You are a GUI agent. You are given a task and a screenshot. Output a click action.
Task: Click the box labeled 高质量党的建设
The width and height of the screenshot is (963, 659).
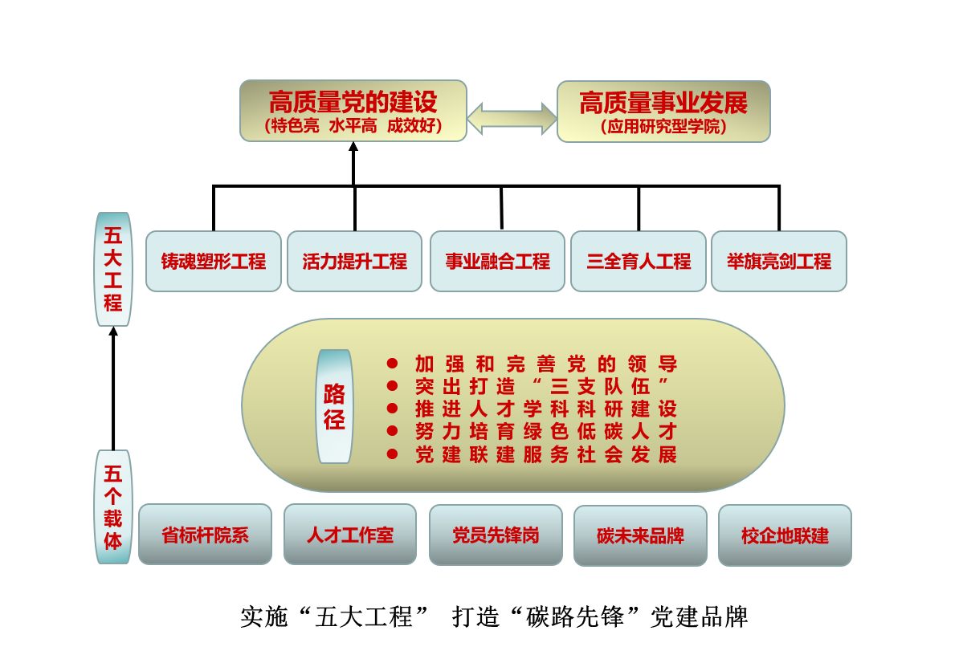[x=353, y=111]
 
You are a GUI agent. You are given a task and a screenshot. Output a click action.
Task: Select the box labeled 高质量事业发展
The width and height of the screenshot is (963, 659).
[x=663, y=112]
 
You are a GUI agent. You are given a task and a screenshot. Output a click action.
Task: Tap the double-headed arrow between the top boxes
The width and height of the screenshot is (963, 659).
[x=512, y=118]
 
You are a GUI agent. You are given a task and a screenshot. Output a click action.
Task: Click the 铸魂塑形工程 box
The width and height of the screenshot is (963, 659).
[x=214, y=261]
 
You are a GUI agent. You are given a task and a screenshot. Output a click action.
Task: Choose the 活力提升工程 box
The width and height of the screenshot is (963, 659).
[x=354, y=261]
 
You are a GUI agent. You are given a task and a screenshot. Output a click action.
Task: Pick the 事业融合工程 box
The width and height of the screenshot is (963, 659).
[x=498, y=261]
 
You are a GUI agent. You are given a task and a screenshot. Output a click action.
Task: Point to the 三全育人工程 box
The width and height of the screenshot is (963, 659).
[x=639, y=261]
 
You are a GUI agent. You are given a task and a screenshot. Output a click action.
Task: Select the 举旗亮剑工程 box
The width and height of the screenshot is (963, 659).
[x=779, y=261]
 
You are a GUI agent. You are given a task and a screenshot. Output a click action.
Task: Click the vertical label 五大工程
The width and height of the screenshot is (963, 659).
[x=113, y=269]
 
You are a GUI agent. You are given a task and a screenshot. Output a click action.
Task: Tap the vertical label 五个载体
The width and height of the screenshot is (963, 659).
[x=113, y=506]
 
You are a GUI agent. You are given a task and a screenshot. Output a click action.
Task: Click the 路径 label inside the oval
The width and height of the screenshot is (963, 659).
[x=334, y=406]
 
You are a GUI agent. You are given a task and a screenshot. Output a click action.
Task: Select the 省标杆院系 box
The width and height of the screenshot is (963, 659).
[x=206, y=535]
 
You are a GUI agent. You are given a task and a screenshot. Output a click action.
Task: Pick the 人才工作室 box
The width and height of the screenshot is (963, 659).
[x=350, y=535]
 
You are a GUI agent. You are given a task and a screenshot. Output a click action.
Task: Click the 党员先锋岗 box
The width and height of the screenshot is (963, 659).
[x=496, y=535]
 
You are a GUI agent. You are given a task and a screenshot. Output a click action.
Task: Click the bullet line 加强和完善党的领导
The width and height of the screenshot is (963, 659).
[x=546, y=364]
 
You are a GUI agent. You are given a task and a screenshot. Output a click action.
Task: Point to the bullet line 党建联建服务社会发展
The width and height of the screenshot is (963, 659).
[x=546, y=454]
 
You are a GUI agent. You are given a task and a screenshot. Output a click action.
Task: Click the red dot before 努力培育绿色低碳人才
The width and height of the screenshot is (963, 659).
[x=392, y=431]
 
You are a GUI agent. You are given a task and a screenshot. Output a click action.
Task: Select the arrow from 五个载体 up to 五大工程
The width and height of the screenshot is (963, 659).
[x=113, y=389]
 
